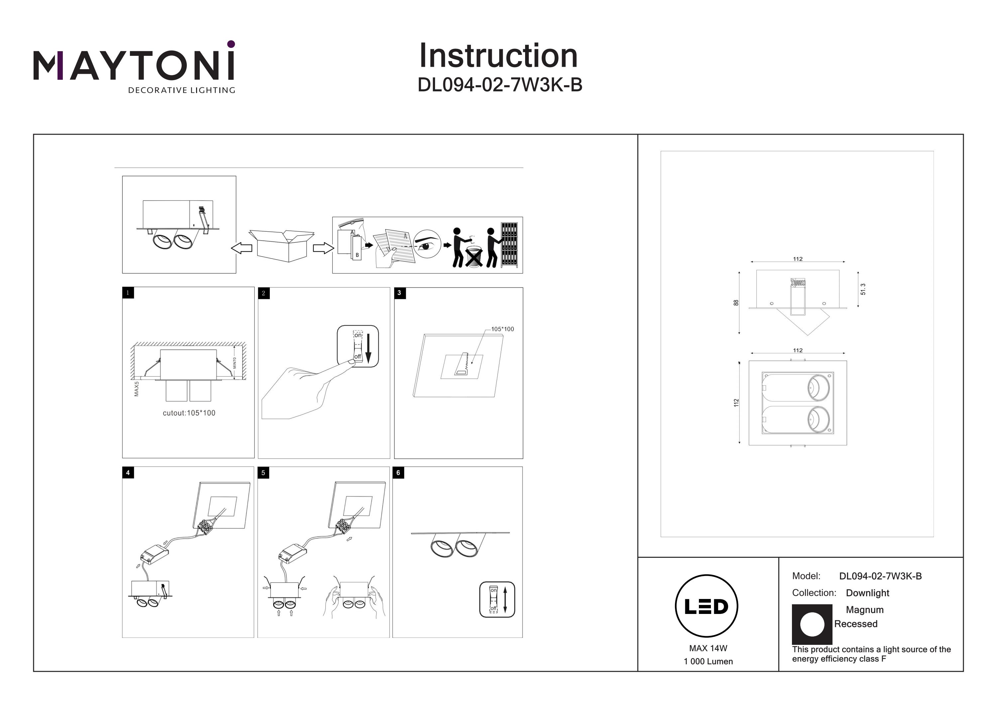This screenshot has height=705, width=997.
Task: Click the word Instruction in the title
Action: point(498,56)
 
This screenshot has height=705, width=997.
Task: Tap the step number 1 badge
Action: point(128,293)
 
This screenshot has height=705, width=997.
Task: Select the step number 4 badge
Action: point(128,473)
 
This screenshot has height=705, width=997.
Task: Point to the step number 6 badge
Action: point(398,473)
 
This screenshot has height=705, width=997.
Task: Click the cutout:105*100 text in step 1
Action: point(189,413)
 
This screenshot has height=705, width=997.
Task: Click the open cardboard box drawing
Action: point(284,245)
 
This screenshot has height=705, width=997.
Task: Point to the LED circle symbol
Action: point(707,606)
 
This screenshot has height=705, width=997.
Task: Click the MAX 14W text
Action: point(708,648)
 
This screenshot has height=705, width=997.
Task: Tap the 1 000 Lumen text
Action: point(708,661)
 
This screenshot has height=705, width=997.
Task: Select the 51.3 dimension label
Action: point(863,289)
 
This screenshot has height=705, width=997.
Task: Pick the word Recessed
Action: point(855,624)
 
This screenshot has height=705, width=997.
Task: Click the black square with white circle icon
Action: point(812,624)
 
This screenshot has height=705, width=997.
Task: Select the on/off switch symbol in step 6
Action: point(497,599)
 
